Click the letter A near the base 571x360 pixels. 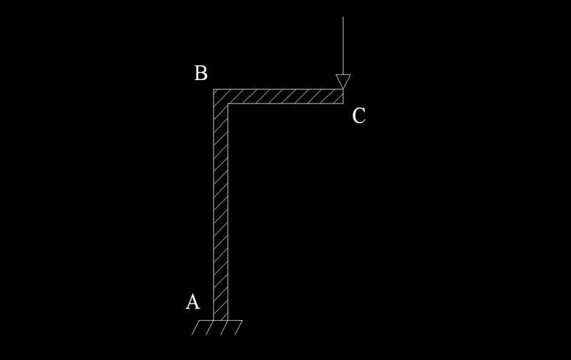click(x=193, y=302)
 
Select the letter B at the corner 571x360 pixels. click(x=201, y=73)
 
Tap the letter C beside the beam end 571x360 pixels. click(x=359, y=115)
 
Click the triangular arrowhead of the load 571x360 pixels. click(x=343, y=81)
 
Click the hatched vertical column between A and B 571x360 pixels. click(x=221, y=214)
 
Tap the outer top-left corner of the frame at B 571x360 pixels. click(x=214, y=89)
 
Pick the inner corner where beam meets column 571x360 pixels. click(x=228, y=103)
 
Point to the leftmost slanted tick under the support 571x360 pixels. click(x=195, y=328)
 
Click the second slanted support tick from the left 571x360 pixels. click(x=209, y=328)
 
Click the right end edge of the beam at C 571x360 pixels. click(x=343, y=96)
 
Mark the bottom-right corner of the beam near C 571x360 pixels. click(x=343, y=103)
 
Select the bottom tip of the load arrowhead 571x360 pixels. click(x=343, y=89)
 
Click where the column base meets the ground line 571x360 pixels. click(x=221, y=321)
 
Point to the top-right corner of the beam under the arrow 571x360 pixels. click(x=343, y=89)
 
